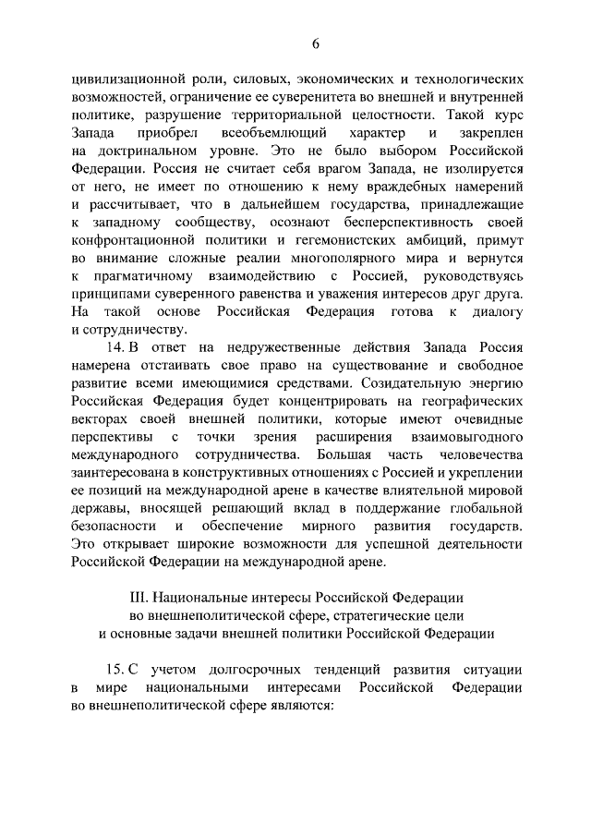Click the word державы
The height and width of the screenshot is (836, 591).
pyautogui.click(x=94, y=504)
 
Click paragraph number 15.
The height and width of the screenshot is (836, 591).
pyautogui.click(x=115, y=669)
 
